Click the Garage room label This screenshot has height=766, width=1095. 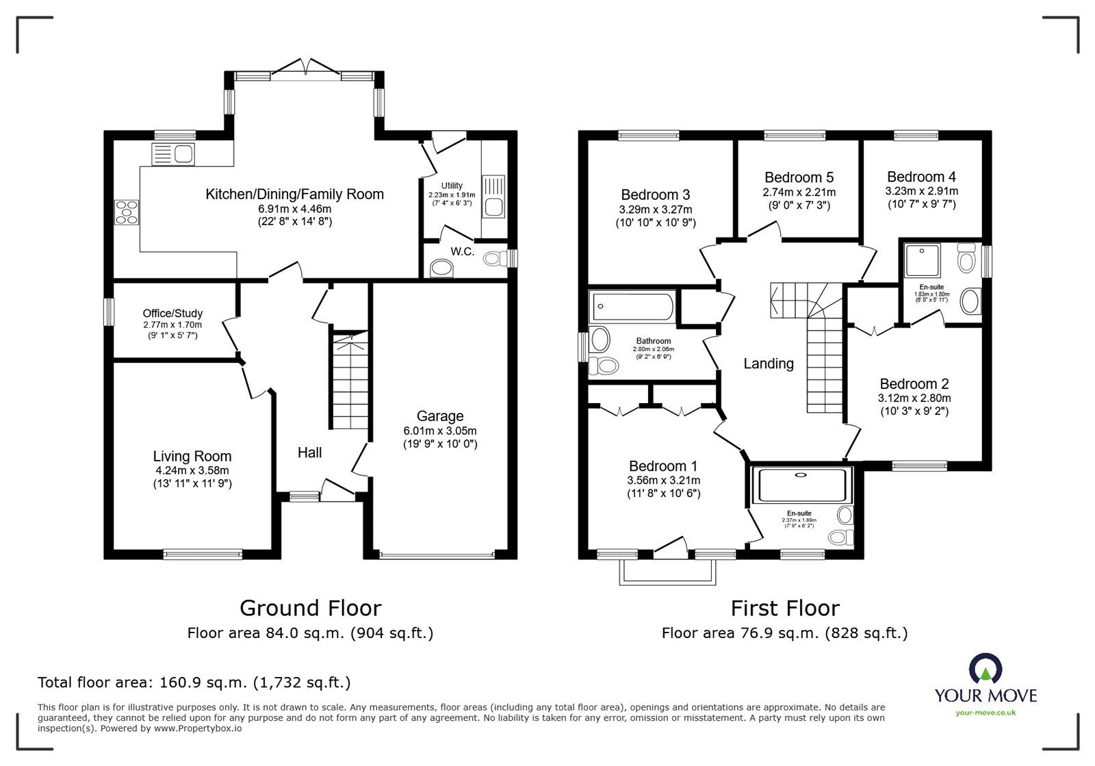tap(440, 416)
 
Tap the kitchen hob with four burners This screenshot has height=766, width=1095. tap(126, 212)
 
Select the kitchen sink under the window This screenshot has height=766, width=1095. tap(174, 154)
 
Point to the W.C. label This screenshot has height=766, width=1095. tap(463, 252)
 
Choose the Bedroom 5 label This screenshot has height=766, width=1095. tap(799, 178)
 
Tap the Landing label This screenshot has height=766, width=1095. tap(769, 364)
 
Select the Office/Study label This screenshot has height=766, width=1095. tap(172, 314)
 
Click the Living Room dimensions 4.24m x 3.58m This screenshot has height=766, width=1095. tap(192, 470)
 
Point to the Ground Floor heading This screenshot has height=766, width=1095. tap(310, 608)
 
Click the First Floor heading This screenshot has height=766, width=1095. tap(784, 608)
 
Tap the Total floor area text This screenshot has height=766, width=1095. tap(194, 682)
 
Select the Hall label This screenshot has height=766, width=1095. tap(309, 452)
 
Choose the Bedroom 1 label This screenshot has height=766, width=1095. tap(663, 466)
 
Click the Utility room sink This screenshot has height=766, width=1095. tap(493, 195)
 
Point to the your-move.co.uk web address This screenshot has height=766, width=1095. tap(985, 713)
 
